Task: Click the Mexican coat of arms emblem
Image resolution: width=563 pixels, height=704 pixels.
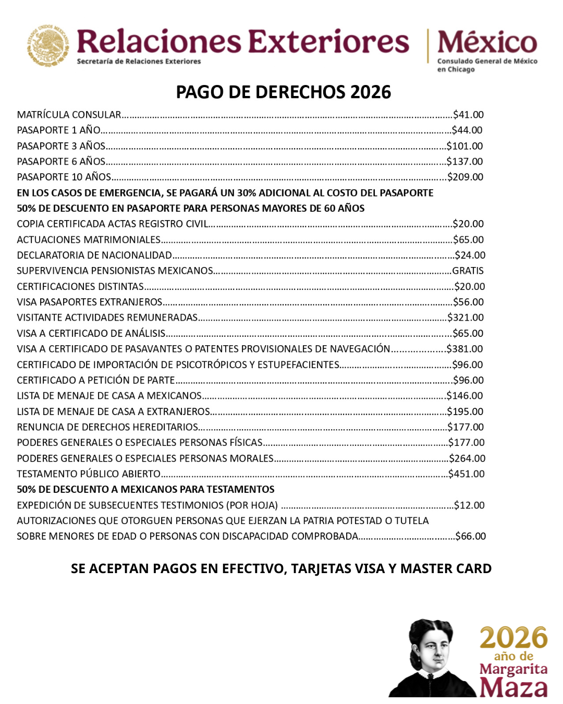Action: tap(48, 45)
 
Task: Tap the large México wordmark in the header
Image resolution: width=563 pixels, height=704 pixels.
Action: tap(487, 43)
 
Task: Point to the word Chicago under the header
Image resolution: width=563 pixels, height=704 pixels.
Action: tap(461, 69)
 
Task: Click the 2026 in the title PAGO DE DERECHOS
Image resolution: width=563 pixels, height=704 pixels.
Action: tap(371, 92)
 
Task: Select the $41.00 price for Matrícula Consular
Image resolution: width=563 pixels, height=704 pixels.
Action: tap(468, 115)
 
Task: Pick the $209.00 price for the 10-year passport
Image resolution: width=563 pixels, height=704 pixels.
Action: tap(466, 177)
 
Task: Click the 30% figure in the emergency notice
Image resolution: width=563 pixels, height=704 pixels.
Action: tap(246, 193)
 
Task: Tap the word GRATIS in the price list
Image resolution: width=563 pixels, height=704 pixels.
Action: tap(468, 271)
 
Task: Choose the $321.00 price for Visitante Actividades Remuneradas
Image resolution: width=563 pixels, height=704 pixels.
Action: tap(466, 318)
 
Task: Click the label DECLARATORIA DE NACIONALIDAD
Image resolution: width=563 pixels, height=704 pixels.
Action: tap(94, 256)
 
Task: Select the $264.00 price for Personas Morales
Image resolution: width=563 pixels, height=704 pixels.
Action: tap(467, 458)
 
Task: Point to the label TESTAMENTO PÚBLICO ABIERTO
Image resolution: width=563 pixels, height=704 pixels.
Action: tap(89, 474)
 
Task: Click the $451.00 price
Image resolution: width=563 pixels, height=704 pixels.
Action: tap(467, 474)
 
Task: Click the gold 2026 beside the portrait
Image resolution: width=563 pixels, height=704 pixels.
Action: tap(513, 638)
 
